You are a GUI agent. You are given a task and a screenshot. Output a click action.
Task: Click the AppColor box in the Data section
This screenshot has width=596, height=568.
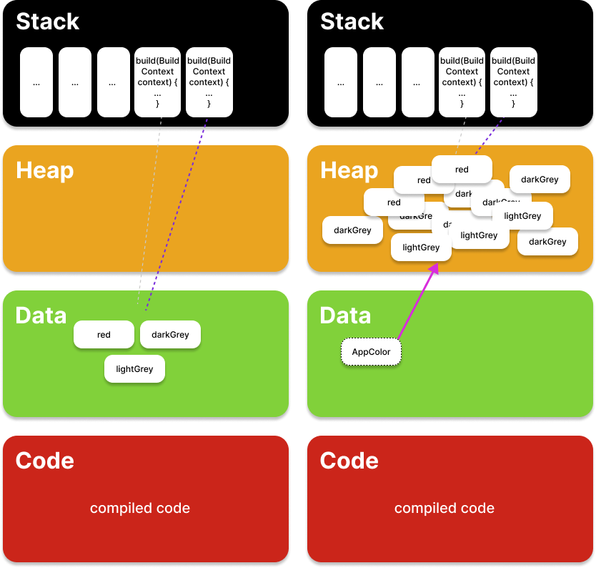[x=371, y=352]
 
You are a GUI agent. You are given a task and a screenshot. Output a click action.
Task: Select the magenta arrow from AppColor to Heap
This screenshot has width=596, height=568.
[x=417, y=300]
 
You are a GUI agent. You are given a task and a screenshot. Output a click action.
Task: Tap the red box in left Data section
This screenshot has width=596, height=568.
[x=104, y=335]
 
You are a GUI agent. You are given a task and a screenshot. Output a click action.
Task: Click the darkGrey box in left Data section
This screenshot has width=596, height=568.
[x=170, y=335]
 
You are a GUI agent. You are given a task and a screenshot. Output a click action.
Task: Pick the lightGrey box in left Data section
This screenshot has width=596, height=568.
[x=134, y=369]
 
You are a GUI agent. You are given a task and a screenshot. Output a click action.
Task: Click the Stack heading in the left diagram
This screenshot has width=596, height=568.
[x=47, y=21]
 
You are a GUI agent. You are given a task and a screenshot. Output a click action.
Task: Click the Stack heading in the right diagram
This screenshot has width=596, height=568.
[x=352, y=21]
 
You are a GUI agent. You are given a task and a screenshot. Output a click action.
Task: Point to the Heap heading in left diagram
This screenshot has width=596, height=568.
[x=44, y=170]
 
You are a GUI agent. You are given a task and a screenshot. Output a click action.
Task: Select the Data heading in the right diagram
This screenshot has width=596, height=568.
[x=345, y=315]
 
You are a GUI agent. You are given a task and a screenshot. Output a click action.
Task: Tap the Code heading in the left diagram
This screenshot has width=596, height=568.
[x=44, y=460]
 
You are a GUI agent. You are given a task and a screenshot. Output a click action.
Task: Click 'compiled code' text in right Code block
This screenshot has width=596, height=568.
[x=444, y=509]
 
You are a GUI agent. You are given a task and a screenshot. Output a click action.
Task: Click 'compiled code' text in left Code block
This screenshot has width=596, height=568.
[x=140, y=509]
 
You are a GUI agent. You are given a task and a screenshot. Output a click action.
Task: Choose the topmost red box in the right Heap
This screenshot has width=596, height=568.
[x=462, y=170]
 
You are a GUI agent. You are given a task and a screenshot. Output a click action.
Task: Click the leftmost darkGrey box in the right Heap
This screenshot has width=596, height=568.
[x=352, y=230]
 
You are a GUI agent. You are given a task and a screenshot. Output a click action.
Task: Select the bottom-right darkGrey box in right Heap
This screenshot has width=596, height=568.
[x=547, y=242]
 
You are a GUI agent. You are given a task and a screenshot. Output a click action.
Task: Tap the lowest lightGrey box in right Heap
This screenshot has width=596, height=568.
[x=421, y=248]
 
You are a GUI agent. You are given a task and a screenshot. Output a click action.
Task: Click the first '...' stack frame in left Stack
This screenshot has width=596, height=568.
[x=36, y=82]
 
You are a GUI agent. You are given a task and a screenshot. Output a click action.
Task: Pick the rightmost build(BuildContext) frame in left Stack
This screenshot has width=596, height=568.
[x=209, y=82]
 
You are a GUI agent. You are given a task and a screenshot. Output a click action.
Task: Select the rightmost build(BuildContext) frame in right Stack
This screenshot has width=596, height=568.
[x=513, y=82]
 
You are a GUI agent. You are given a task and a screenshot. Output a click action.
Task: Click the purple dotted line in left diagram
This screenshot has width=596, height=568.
[x=179, y=215]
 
